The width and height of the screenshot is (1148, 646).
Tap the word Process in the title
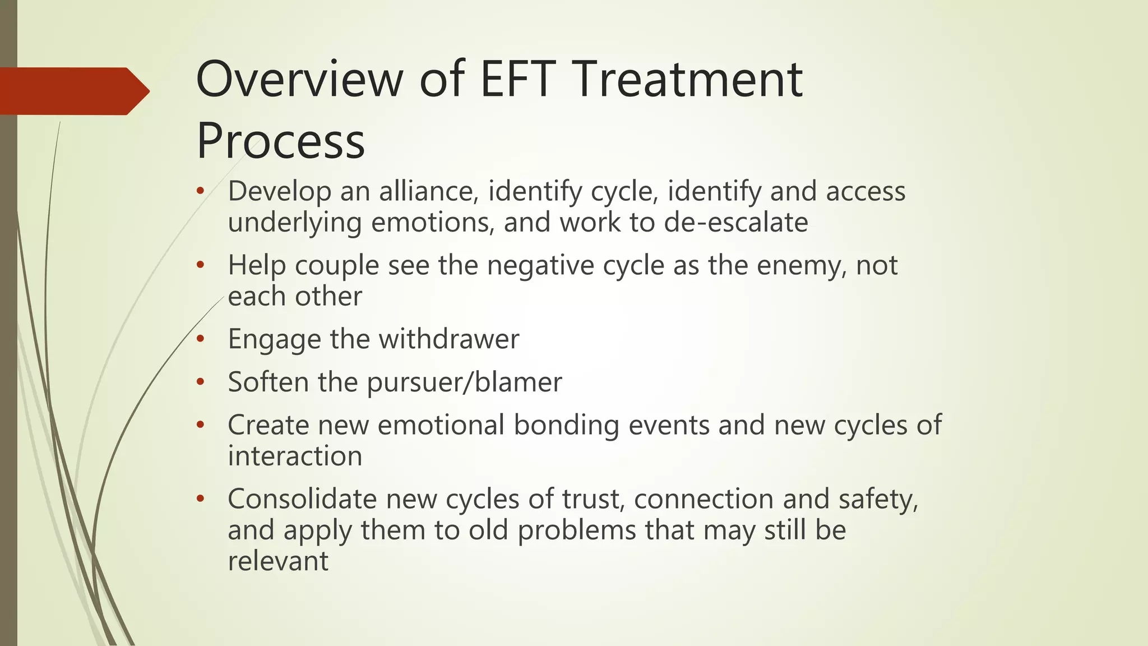280,141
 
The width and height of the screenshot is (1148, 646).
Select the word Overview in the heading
299,80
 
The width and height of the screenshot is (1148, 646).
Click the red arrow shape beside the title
73,91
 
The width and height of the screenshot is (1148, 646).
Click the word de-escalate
736,222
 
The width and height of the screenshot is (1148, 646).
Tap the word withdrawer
448,339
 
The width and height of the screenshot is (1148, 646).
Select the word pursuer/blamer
464,382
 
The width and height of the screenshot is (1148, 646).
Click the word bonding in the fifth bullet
566,424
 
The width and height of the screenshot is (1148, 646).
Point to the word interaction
295,456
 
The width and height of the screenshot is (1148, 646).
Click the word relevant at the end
278,561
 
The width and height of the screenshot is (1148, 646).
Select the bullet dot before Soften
201,383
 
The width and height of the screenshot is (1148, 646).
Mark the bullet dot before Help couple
201,266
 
